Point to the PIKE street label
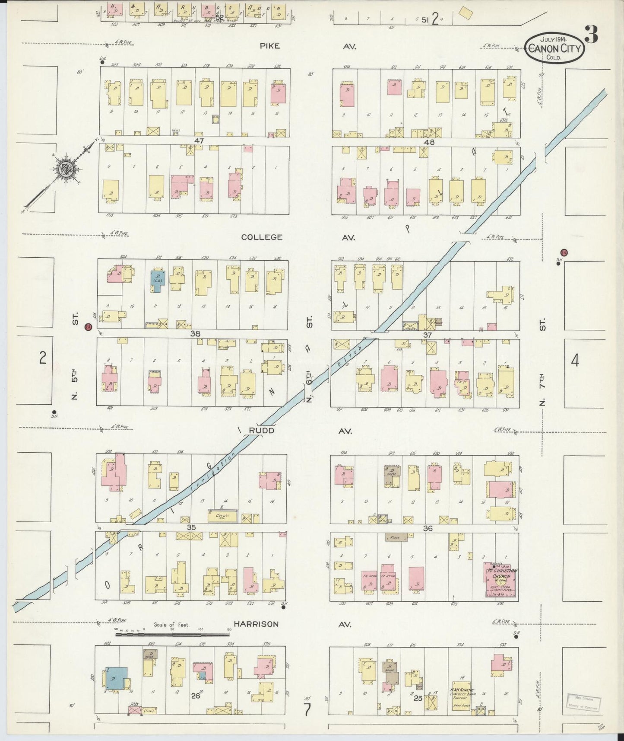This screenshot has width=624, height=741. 270,46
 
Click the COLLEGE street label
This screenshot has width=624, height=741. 262,237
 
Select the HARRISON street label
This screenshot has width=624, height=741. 256,624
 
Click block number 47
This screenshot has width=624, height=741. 198,141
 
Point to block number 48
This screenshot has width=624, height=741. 429,142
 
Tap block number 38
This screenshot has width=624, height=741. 195,334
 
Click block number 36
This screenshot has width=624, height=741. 428,528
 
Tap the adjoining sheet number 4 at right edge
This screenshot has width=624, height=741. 574,360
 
